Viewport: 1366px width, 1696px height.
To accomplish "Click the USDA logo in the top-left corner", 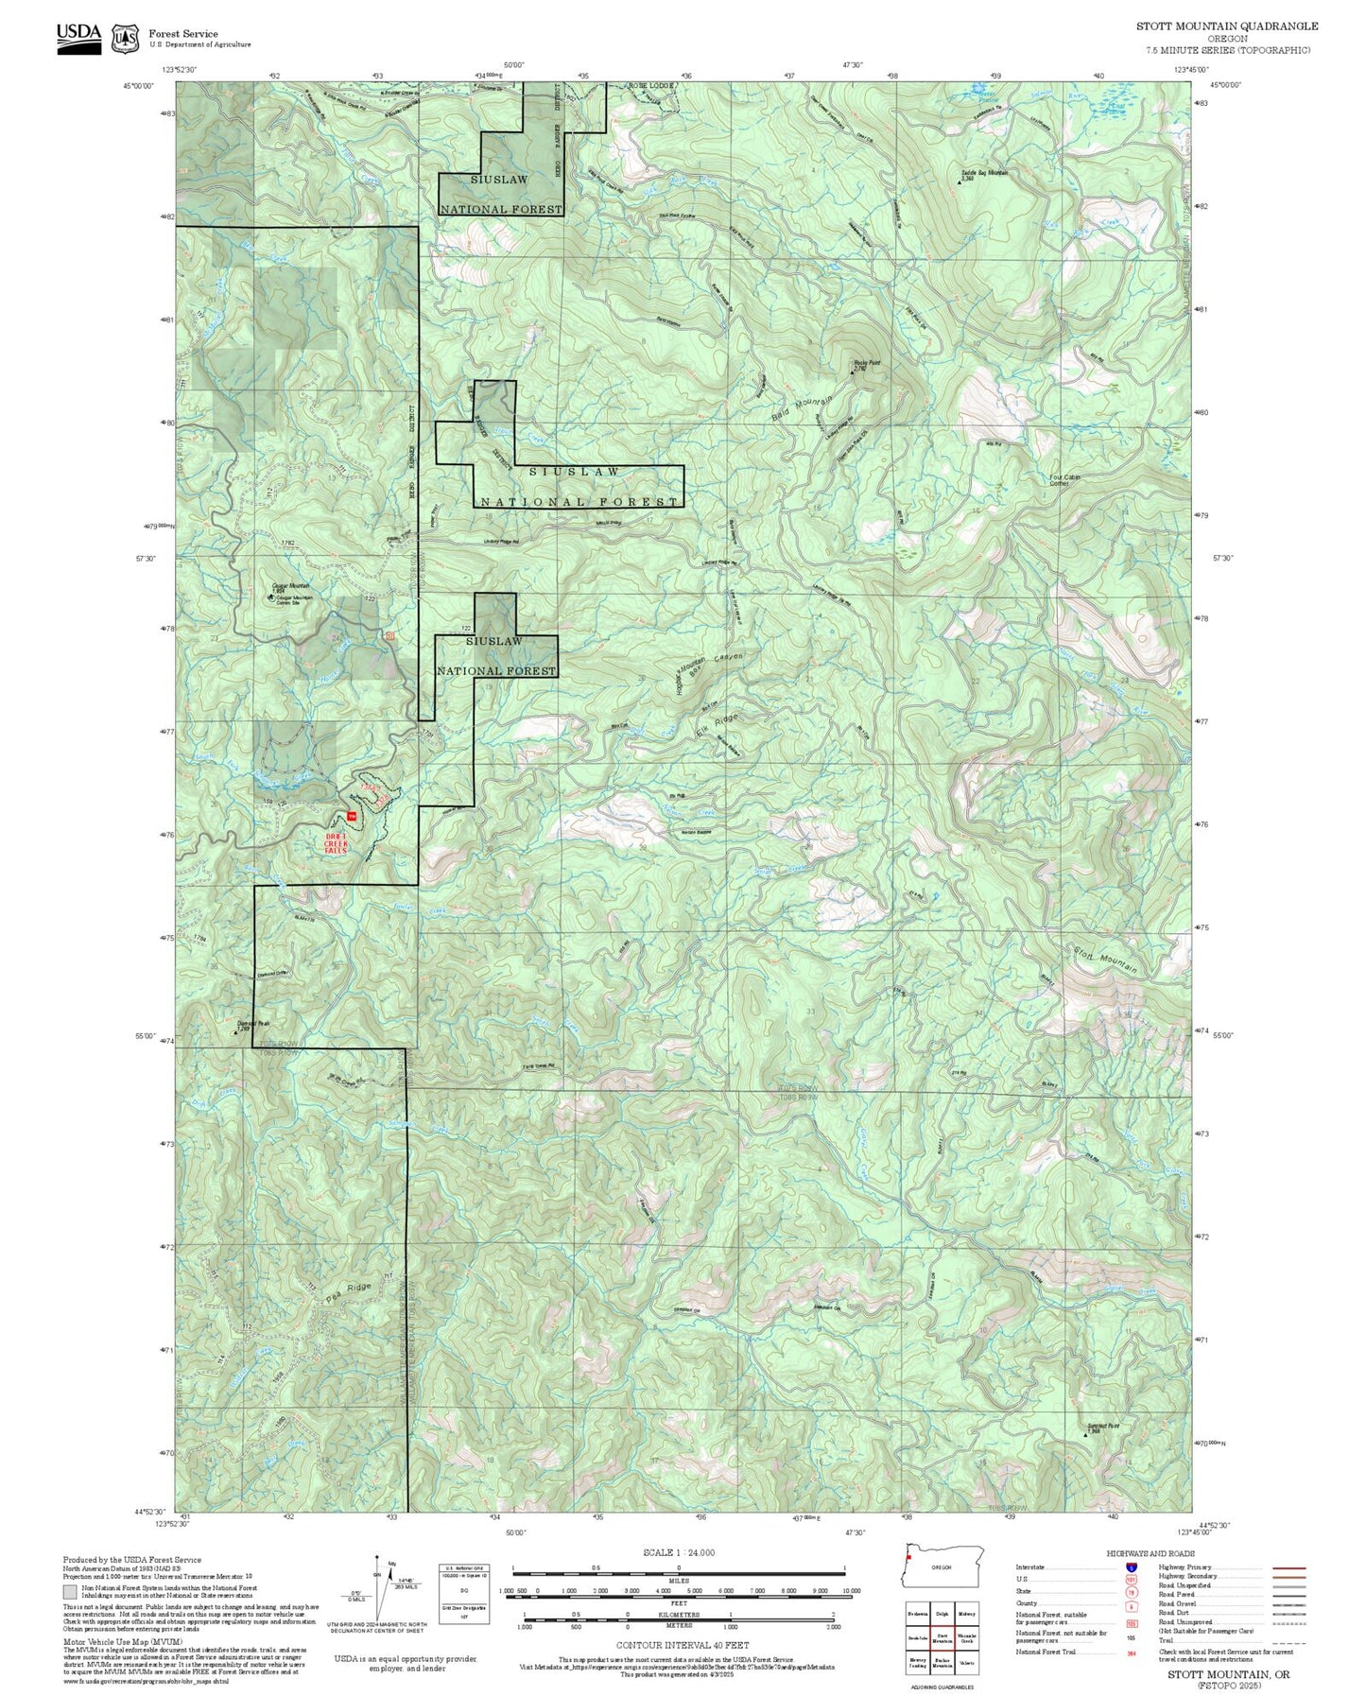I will pyautogui.click(x=78, y=38).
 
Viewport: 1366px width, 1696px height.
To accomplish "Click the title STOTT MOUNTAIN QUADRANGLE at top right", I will pyautogui.click(x=1226, y=26).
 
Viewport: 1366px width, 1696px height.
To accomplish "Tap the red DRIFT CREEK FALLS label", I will pyautogui.click(x=337, y=843).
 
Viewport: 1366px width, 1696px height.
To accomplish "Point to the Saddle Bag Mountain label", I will pyautogui.click(x=984, y=173).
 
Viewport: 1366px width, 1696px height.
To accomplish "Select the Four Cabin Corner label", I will pyautogui.click(x=1064, y=479).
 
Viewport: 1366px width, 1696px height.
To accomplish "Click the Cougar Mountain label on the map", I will pyautogui.click(x=292, y=586).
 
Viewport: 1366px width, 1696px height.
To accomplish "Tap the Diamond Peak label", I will pyautogui.click(x=253, y=1023).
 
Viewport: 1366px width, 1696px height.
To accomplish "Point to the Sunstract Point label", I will pyautogui.click(x=1102, y=1427).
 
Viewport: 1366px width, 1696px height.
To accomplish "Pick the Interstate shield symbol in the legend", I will pyautogui.click(x=1132, y=1566).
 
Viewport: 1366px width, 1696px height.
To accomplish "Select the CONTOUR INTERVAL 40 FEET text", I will pyautogui.click(x=682, y=1645).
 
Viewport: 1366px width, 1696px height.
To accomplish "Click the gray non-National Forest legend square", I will pyautogui.click(x=69, y=1590).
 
